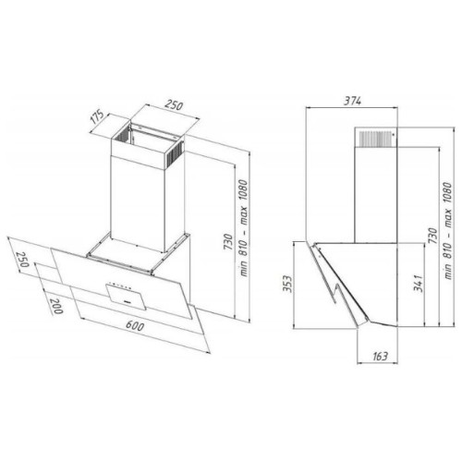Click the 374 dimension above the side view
tap(353, 101)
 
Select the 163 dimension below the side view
tap(380, 357)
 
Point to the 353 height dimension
tap(287, 285)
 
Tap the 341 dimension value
tap(418, 283)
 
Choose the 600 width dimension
tap(135, 325)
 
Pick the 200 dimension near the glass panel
tap(56, 306)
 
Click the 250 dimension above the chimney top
tap(174, 104)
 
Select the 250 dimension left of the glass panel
tap(22, 260)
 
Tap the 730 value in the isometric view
tap(228, 242)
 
